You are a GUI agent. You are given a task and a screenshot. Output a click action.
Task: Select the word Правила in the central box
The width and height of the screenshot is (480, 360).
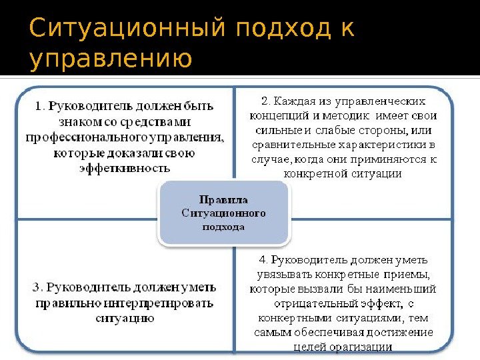[224, 199]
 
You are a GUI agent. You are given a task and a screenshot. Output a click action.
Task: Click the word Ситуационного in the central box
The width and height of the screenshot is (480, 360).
[224, 213]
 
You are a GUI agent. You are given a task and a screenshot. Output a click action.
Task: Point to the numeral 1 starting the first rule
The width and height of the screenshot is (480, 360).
[39, 105]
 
